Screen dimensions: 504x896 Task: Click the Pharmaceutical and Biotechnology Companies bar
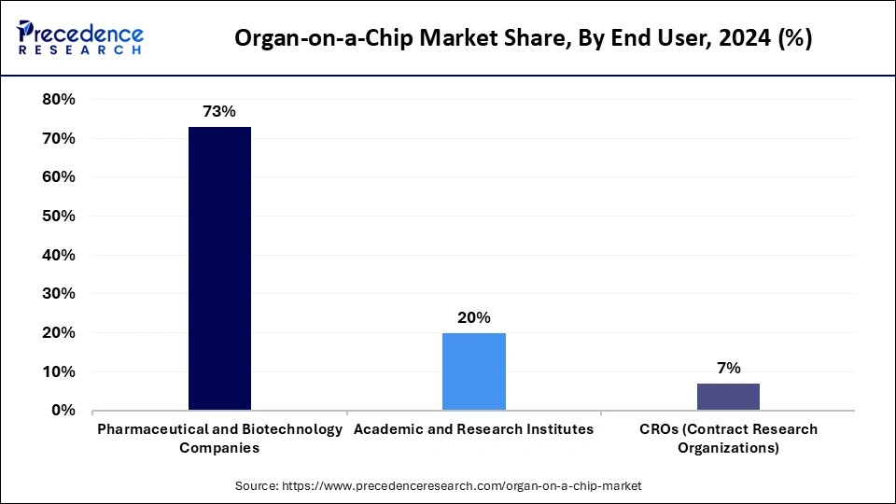[219, 269]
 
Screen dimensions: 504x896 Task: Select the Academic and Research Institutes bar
[473, 371]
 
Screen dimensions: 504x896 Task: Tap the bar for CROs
[728, 397]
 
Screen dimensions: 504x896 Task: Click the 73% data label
[219, 112]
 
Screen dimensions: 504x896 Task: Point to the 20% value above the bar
[473, 317]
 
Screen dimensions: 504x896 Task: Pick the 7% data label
[728, 368]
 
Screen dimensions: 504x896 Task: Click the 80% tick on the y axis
[58, 99]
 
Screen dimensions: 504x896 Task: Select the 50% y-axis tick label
[58, 216]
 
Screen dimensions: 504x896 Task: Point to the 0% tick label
[63, 411]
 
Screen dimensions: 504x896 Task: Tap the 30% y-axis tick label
[58, 294]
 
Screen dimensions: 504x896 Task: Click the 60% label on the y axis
[58, 177]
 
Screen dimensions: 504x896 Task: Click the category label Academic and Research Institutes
[473, 429]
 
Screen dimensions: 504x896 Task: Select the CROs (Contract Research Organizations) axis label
[728, 438]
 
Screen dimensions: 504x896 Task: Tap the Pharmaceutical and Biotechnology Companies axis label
[219, 438]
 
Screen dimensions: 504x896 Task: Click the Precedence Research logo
[80, 38]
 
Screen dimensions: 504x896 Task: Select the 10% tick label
[58, 371]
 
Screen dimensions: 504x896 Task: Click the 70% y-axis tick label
[58, 138]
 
